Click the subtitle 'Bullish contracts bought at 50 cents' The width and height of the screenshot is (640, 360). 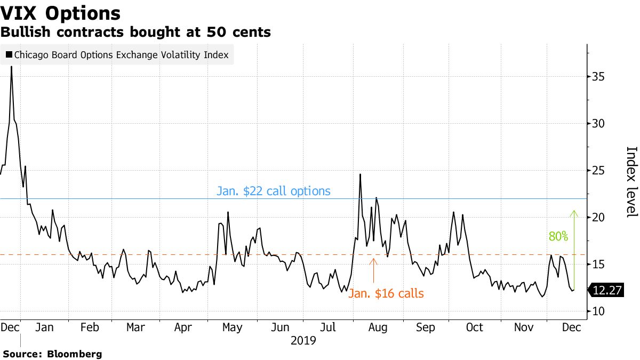tap(135, 33)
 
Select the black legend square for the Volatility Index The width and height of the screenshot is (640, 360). tap(9, 55)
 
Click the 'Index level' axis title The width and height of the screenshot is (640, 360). tap(631, 181)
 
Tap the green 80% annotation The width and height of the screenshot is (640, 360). tap(559, 236)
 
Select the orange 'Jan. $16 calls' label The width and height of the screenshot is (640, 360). tap(386, 293)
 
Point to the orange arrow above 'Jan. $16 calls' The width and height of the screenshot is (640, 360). tap(373, 270)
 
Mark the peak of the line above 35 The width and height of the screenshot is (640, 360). tap(12, 67)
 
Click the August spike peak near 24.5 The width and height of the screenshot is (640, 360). tap(361, 174)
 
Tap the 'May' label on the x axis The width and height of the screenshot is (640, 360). tap(233, 327)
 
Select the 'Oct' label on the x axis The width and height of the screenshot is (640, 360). tap(474, 327)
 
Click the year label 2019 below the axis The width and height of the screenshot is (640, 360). tap(303, 340)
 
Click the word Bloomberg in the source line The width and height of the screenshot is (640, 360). tap(75, 354)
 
